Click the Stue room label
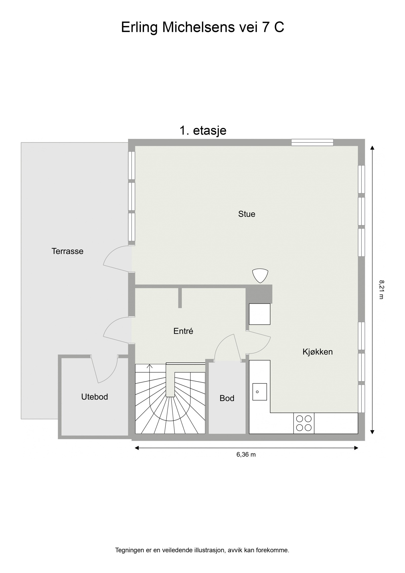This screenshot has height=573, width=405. [x=246, y=214]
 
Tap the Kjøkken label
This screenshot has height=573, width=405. [x=317, y=352]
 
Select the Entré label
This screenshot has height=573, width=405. [x=183, y=331]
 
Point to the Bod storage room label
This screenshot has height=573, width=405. [x=227, y=398]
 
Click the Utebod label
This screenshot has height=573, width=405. [x=94, y=397]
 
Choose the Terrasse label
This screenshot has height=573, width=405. [x=67, y=251]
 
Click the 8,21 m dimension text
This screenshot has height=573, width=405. [x=381, y=290]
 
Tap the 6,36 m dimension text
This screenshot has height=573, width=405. [x=246, y=455]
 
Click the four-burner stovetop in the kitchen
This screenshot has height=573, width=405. [x=304, y=423]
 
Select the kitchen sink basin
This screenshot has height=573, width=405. [x=259, y=392]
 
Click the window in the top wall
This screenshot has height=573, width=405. [x=312, y=143]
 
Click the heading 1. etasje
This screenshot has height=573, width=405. [x=203, y=131]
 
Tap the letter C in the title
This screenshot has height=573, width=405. [x=279, y=27]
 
